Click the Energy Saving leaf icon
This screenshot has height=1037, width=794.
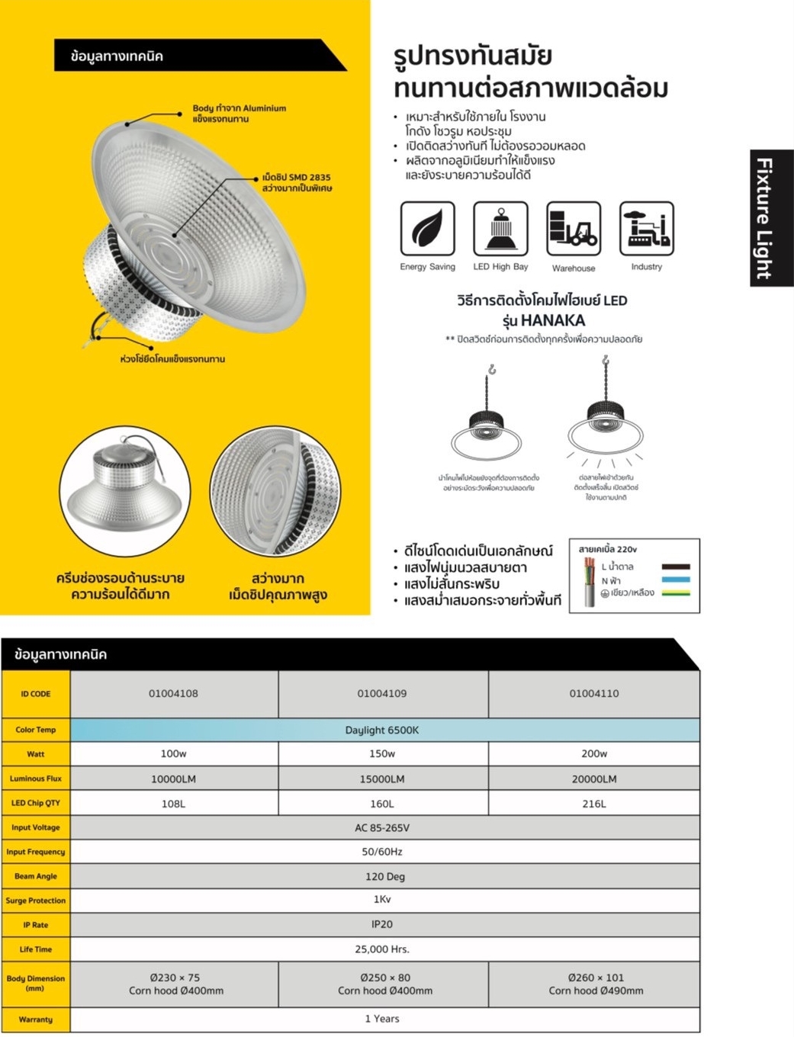427,229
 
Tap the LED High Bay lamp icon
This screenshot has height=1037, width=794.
500,229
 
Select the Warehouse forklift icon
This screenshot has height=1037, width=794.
574,229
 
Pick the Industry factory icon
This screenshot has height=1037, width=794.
647,229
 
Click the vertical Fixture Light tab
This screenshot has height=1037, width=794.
771,218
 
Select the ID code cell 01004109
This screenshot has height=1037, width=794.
382,694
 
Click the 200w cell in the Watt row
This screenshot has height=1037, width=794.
594,754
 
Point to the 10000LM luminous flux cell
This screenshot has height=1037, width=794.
174,779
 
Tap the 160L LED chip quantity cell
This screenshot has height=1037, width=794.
382,804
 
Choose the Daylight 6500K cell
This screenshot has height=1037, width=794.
382,730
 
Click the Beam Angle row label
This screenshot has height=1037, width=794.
36,877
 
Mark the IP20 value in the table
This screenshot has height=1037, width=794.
382,925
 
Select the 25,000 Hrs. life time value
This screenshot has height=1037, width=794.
382,949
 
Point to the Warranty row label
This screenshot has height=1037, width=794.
36,1019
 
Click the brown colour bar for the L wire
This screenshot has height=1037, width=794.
676,567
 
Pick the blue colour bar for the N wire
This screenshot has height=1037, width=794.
676,580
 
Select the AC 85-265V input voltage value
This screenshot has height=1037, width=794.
382,828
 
